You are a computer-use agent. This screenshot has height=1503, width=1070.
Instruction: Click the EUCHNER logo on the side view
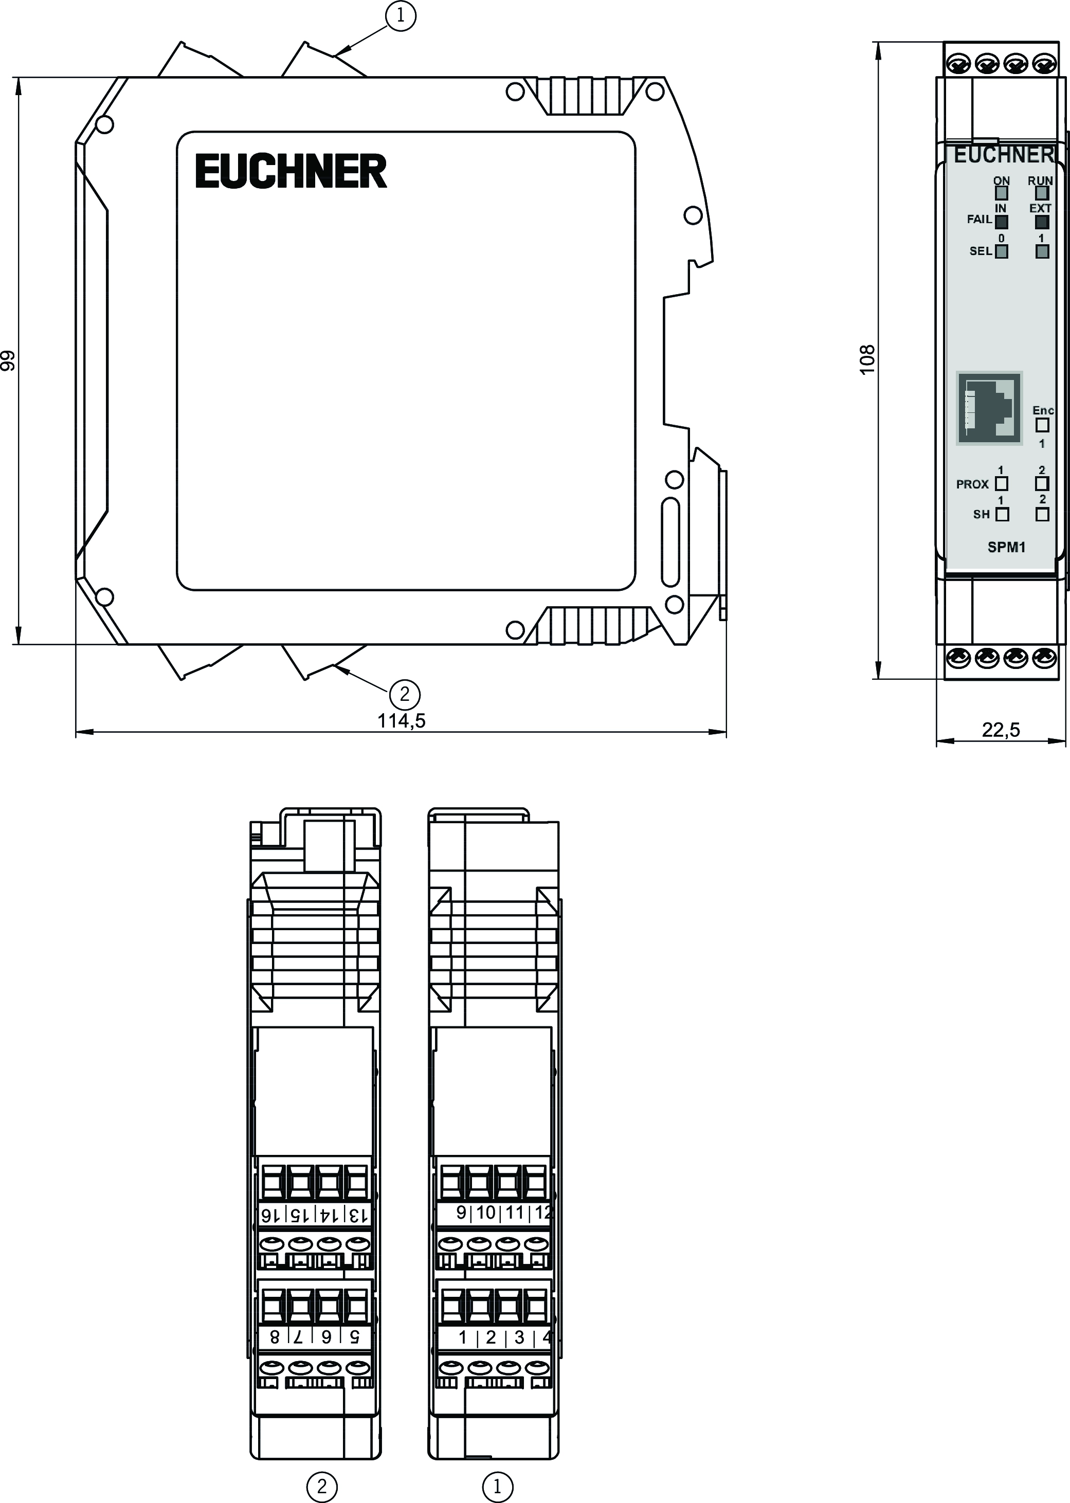point(291,171)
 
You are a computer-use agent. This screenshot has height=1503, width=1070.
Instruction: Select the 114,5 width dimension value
point(401,721)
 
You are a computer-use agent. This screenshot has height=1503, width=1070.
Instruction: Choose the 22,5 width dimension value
point(1001,730)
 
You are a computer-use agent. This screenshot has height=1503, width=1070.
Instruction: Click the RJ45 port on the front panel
point(989,408)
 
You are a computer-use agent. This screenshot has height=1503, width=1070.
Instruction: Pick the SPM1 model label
point(1006,547)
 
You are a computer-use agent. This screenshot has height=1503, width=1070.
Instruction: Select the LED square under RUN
point(1042,193)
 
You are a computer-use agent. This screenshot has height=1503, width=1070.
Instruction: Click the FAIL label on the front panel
point(979,220)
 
